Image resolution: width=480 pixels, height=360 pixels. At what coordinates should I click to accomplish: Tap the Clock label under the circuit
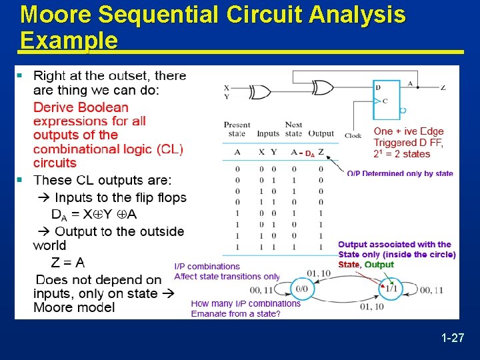pos(353,135)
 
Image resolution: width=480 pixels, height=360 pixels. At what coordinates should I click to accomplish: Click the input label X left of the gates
pos(227,87)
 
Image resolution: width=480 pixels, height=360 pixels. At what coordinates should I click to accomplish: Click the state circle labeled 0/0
pos(301,289)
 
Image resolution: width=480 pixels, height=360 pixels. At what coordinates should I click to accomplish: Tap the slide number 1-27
pos(453,339)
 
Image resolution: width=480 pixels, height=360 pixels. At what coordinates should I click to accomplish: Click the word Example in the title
pos(69,41)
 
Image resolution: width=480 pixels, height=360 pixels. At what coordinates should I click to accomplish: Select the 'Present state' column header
pos(237,129)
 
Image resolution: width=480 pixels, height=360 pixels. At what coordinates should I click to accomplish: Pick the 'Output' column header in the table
pos(321,133)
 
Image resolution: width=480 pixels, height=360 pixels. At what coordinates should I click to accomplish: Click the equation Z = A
pos(67,263)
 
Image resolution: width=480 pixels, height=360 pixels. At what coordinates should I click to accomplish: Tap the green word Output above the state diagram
pos(379,265)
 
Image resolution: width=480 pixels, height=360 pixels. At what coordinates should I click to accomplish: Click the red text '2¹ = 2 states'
pos(402,154)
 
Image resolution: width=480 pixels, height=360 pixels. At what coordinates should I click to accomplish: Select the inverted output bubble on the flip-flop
pos(402,110)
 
